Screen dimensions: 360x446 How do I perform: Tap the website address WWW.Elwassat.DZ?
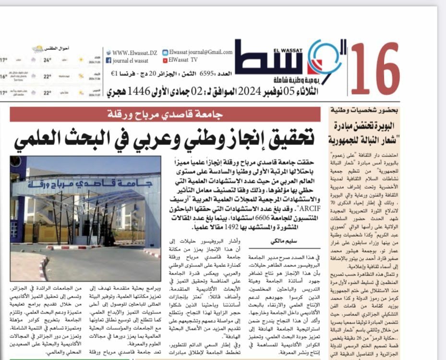coord(133,52)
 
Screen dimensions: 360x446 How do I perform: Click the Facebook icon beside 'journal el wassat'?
coord(108,60)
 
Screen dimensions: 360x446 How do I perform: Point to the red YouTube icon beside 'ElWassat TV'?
coord(165,60)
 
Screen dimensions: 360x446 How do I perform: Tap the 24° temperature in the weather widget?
coord(48,60)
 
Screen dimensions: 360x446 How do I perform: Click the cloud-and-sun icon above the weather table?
coord(38,49)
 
